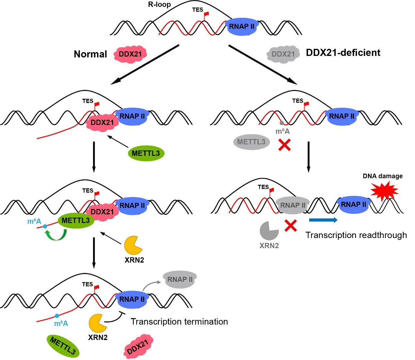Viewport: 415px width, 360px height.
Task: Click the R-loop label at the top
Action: coord(159,5)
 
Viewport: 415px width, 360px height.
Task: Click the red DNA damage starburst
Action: coord(385,191)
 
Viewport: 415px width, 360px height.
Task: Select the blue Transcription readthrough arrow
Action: coord(323,220)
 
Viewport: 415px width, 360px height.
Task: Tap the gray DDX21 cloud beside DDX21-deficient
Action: coord(283,54)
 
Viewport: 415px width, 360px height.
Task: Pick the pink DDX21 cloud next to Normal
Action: coord(130,54)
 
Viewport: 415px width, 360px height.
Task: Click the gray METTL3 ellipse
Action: coord(251,142)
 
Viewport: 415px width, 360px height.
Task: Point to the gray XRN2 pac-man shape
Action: coord(269,231)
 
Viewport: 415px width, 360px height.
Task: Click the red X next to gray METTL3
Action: coord(285,145)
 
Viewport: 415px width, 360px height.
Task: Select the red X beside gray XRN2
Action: coord(290,226)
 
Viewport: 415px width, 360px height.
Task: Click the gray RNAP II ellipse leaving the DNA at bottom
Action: coord(180,280)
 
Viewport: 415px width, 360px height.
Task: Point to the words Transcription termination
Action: coord(179,322)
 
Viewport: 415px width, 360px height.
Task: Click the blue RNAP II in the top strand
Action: coord(241,26)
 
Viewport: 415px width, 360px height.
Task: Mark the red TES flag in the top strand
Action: coord(206,14)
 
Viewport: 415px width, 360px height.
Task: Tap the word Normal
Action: coord(90,54)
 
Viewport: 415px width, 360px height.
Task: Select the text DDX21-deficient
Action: coord(343,53)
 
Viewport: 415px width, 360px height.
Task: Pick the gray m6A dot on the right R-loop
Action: coord(281,123)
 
